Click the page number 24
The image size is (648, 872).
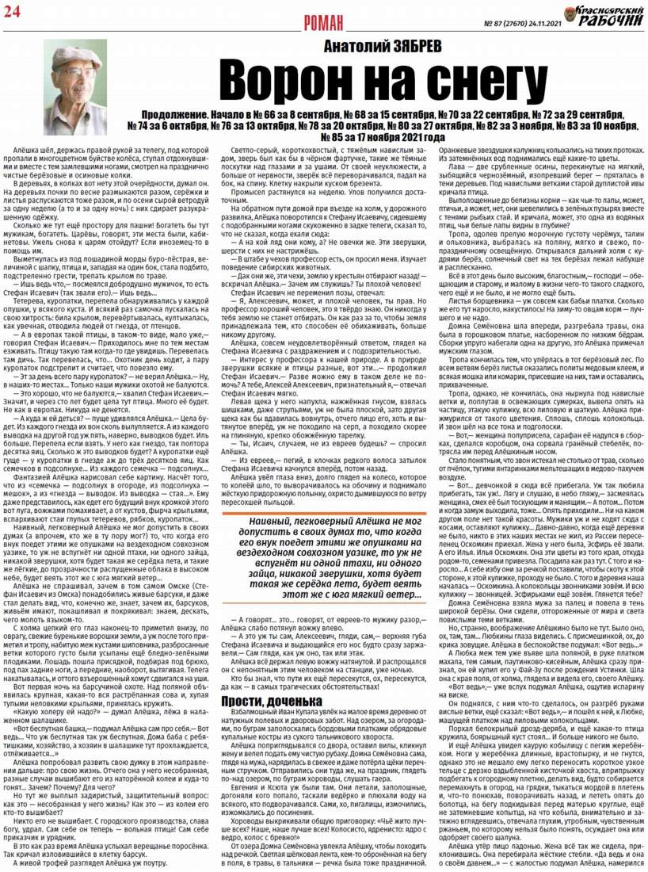13,9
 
